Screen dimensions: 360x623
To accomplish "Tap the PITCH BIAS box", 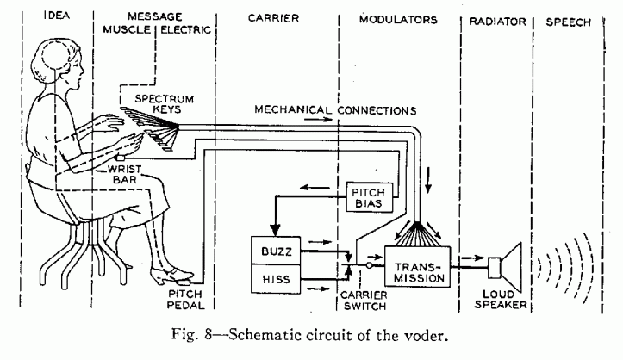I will point(368,196).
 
